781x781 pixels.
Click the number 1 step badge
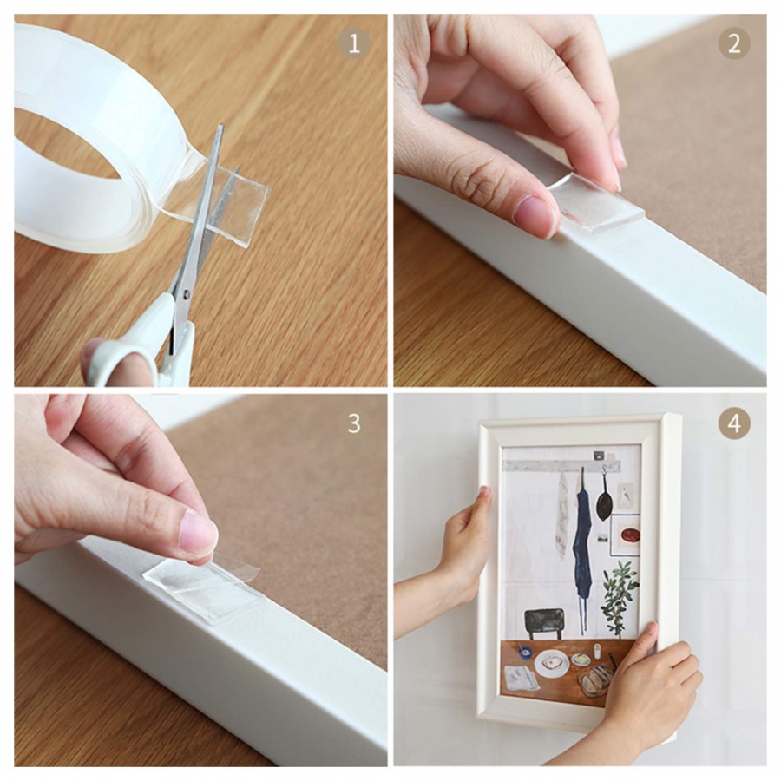coord(353,43)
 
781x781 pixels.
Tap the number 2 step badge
coord(733,43)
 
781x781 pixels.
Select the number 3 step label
coord(354,423)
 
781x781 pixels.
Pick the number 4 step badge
coord(734,423)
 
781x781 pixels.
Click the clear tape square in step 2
coord(598,205)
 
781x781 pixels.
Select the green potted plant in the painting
coord(619,595)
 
